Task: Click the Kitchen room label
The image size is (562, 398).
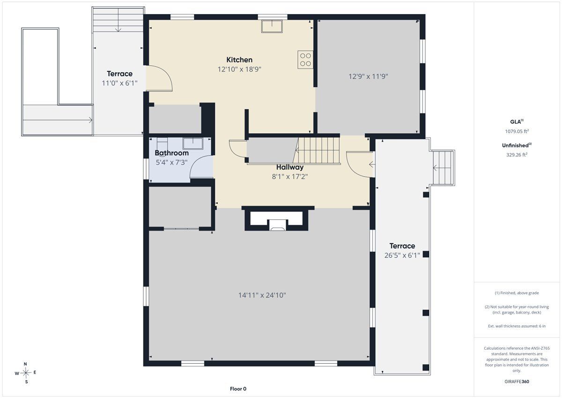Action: coord(239,60)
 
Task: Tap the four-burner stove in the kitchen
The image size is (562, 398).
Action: coord(305,60)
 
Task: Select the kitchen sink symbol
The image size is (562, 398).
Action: coord(272,26)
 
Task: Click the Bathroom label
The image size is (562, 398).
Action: coord(171,153)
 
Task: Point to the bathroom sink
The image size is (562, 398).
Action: coord(192,143)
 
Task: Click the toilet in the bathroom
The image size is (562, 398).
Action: coord(162,143)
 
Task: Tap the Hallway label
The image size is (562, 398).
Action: coord(290,167)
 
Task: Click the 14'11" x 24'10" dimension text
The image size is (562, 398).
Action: coord(262,295)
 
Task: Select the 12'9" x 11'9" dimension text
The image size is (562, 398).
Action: coord(368,76)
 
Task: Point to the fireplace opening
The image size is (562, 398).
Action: coord(277,225)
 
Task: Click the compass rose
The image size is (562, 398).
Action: coord(26,373)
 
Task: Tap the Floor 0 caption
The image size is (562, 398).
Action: coord(238,389)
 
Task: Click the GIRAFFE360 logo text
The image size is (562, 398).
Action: coord(517,382)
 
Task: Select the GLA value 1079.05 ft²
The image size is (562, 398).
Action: coord(517,131)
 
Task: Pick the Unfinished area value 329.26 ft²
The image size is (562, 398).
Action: coord(517,155)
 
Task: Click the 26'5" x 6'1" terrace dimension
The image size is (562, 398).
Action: coord(402,255)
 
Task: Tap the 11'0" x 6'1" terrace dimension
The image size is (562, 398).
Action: coord(119,83)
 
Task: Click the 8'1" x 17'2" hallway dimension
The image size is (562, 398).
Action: coord(290,177)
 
